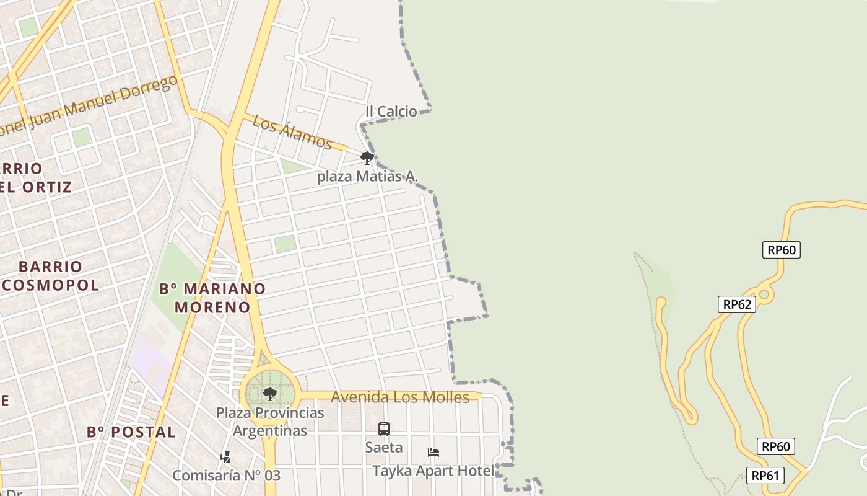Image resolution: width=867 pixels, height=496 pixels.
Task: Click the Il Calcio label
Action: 391,112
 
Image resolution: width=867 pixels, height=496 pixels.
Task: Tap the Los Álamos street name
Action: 292,132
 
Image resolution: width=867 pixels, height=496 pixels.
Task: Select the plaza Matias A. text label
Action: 367,177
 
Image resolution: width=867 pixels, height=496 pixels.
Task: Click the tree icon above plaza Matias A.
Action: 367,158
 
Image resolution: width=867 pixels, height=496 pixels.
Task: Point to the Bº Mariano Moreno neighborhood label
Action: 212,298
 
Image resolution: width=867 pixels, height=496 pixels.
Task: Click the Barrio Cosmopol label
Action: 51,276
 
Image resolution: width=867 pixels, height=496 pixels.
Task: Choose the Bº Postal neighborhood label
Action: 131,432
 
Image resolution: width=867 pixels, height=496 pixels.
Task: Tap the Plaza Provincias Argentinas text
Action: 270,422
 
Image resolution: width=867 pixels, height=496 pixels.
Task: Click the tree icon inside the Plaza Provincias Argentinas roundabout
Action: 269,394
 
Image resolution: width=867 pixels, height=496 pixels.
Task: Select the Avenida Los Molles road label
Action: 400,397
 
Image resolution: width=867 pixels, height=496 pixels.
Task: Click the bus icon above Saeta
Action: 384,429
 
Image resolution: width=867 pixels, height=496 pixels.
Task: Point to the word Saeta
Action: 384,447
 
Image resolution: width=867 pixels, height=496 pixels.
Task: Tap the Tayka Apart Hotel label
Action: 434,471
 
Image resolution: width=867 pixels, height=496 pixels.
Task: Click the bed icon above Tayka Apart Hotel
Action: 434,453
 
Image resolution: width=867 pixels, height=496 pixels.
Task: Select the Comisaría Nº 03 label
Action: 226,476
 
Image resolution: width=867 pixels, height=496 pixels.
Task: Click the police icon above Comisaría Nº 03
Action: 225,458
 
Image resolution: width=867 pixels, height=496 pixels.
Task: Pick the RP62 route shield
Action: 737,304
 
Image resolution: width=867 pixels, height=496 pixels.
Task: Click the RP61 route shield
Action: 765,476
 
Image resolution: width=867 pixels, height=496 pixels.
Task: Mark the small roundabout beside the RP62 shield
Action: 764,294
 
